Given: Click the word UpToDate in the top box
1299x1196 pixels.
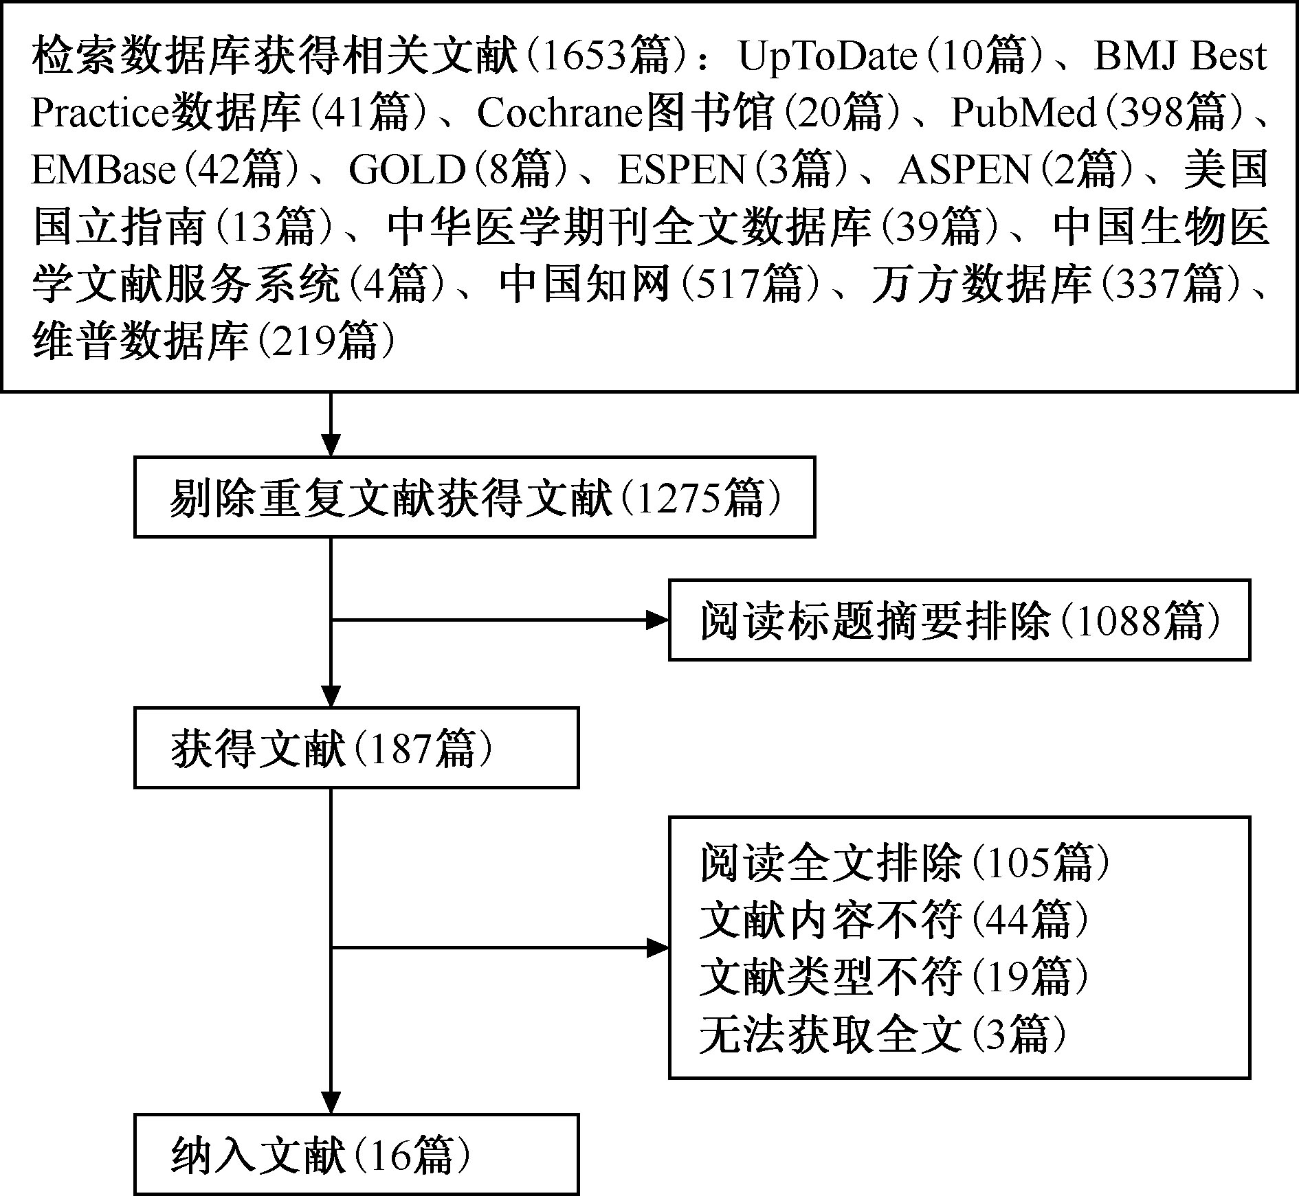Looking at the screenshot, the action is pos(828,56).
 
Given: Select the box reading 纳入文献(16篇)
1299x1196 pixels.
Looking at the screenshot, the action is pos(356,1153).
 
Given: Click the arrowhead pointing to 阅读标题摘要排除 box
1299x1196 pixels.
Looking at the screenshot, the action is pos(657,620).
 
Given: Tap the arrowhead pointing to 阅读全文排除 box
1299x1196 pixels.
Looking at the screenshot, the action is pos(657,949).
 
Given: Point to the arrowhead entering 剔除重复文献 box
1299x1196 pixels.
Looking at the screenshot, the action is pos(331,444).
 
